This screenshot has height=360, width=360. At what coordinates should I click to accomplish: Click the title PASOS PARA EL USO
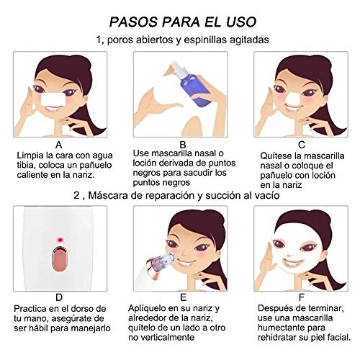(x=183, y=22)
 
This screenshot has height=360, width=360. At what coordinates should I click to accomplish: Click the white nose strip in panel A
(x=53, y=99)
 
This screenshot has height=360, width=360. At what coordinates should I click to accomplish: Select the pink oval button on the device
(x=59, y=258)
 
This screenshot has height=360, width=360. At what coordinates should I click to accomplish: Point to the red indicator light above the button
(x=60, y=239)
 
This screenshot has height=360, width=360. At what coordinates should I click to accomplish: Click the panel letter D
(x=59, y=297)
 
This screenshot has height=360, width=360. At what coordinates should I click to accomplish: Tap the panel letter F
(x=302, y=297)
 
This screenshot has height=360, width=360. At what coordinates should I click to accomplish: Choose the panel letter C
(x=302, y=145)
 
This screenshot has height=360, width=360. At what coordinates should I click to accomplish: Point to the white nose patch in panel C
(x=292, y=99)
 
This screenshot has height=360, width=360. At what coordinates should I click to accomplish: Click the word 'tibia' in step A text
(x=25, y=165)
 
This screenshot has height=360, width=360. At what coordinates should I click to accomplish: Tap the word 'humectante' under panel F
(x=282, y=328)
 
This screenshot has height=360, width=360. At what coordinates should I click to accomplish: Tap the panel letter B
(x=183, y=145)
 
